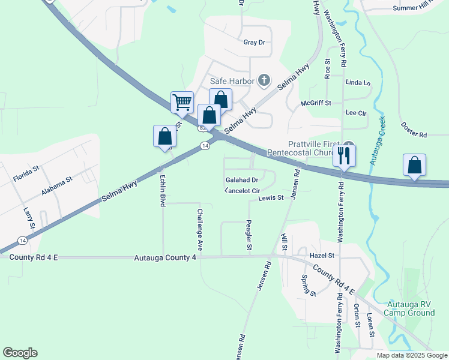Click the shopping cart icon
pyautogui.click(x=182, y=102)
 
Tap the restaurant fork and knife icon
pyautogui.click(x=344, y=155)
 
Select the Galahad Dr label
pyautogui.click(x=242, y=179)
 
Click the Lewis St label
pyautogui.click(x=271, y=198)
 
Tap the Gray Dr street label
pyautogui.click(x=254, y=43)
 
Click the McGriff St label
pyautogui.click(x=316, y=103)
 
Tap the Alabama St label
pyautogui.click(x=57, y=185)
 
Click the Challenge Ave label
pyautogui.click(x=200, y=230)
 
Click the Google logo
pyautogui.click(x=20, y=353)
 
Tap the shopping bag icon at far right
pyautogui.click(x=414, y=166)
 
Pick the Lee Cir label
pyautogui.click(x=356, y=112)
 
